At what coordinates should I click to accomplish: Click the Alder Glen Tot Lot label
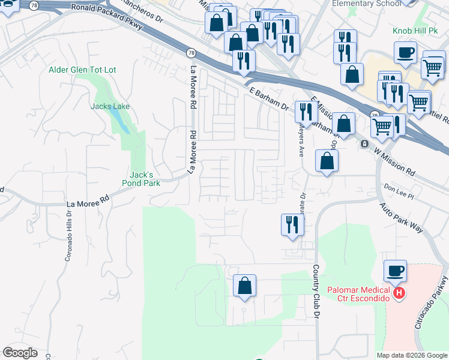82,70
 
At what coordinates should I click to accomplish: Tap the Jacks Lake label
110,106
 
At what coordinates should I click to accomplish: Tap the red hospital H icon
400,293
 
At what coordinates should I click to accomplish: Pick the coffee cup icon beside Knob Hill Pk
406,52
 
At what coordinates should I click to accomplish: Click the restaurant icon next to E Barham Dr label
306,112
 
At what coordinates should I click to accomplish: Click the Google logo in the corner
20,353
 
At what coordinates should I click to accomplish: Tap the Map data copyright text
412,355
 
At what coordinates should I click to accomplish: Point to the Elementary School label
366,3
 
